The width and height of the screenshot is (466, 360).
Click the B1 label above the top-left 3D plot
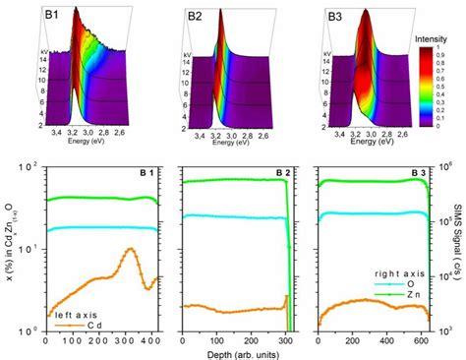click(50, 16)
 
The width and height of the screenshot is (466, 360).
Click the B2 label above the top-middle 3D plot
click(196, 16)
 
